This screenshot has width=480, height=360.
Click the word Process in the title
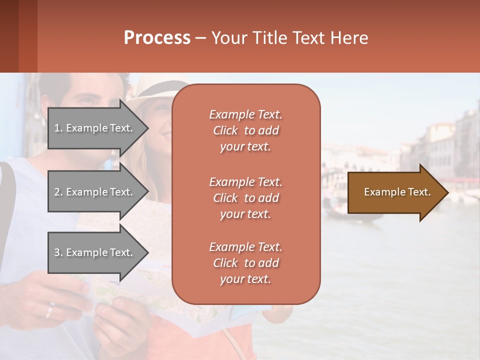[157, 38]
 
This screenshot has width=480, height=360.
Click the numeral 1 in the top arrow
[56, 128]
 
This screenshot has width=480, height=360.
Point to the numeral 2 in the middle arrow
[57, 192]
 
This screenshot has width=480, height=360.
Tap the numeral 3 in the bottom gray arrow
[57, 252]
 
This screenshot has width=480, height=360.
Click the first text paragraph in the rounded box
[245, 130]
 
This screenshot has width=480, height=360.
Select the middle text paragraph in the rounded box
[245, 198]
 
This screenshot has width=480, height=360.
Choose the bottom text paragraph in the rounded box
[245, 263]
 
